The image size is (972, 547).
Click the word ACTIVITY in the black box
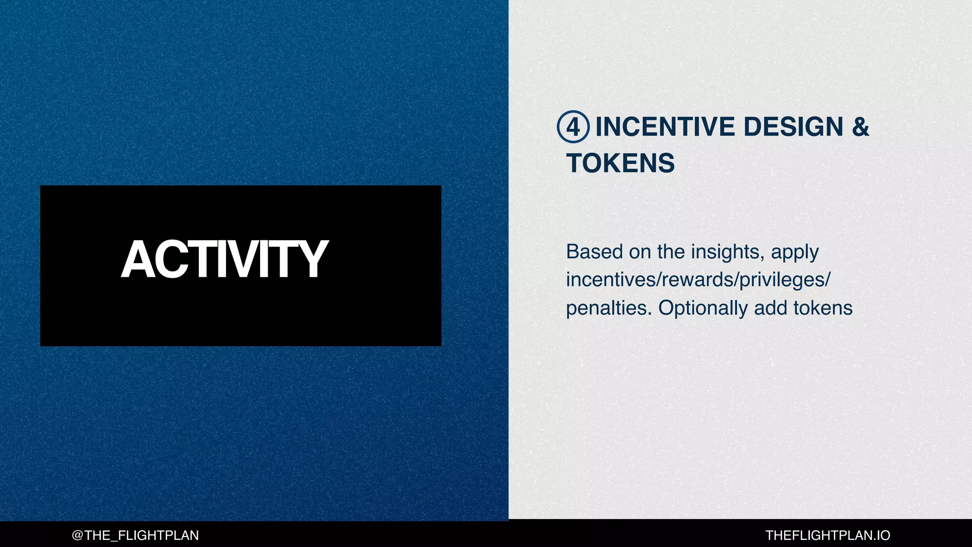(224, 259)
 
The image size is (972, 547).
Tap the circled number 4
(573, 127)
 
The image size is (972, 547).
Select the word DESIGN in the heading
(793, 127)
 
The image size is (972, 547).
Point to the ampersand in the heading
(860, 127)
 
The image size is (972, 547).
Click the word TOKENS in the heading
(620, 163)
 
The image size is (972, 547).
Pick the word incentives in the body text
(610, 280)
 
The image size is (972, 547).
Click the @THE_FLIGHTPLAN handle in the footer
(135, 536)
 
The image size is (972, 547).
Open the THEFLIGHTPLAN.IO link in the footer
(828, 536)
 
